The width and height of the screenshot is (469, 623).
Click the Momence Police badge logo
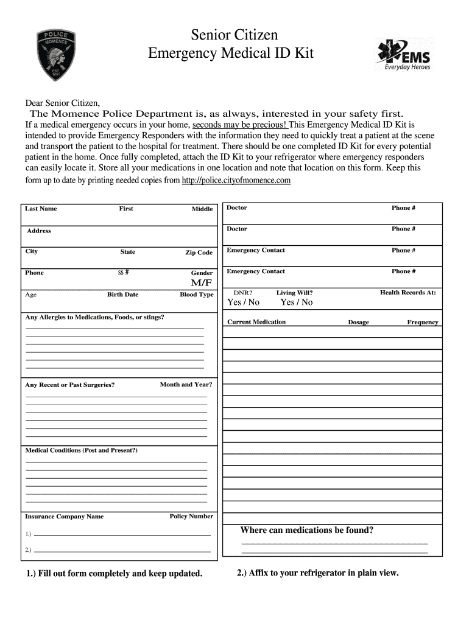(x=57, y=55)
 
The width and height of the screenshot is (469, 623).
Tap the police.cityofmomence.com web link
(x=236, y=181)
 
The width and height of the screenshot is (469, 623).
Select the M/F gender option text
(x=202, y=284)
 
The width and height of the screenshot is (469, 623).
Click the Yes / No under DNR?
(x=243, y=302)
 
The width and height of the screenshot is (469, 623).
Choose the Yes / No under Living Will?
(x=296, y=302)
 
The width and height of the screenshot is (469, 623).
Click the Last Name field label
(x=41, y=209)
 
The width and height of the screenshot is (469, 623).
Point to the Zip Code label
(x=199, y=252)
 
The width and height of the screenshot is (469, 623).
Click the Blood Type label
(x=197, y=294)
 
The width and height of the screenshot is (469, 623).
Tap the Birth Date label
(x=123, y=294)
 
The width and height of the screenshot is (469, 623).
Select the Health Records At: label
(x=408, y=293)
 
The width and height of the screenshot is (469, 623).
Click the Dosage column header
(x=358, y=322)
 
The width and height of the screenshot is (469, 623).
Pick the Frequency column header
(x=423, y=322)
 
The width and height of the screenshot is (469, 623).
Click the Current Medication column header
(x=256, y=322)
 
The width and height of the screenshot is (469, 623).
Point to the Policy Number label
(x=191, y=517)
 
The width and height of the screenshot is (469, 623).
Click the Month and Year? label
(x=186, y=385)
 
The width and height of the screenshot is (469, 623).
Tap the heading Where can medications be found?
(x=307, y=530)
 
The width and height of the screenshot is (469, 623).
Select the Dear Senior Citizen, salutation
(x=62, y=102)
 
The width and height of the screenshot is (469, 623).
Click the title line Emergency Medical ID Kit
(x=231, y=54)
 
